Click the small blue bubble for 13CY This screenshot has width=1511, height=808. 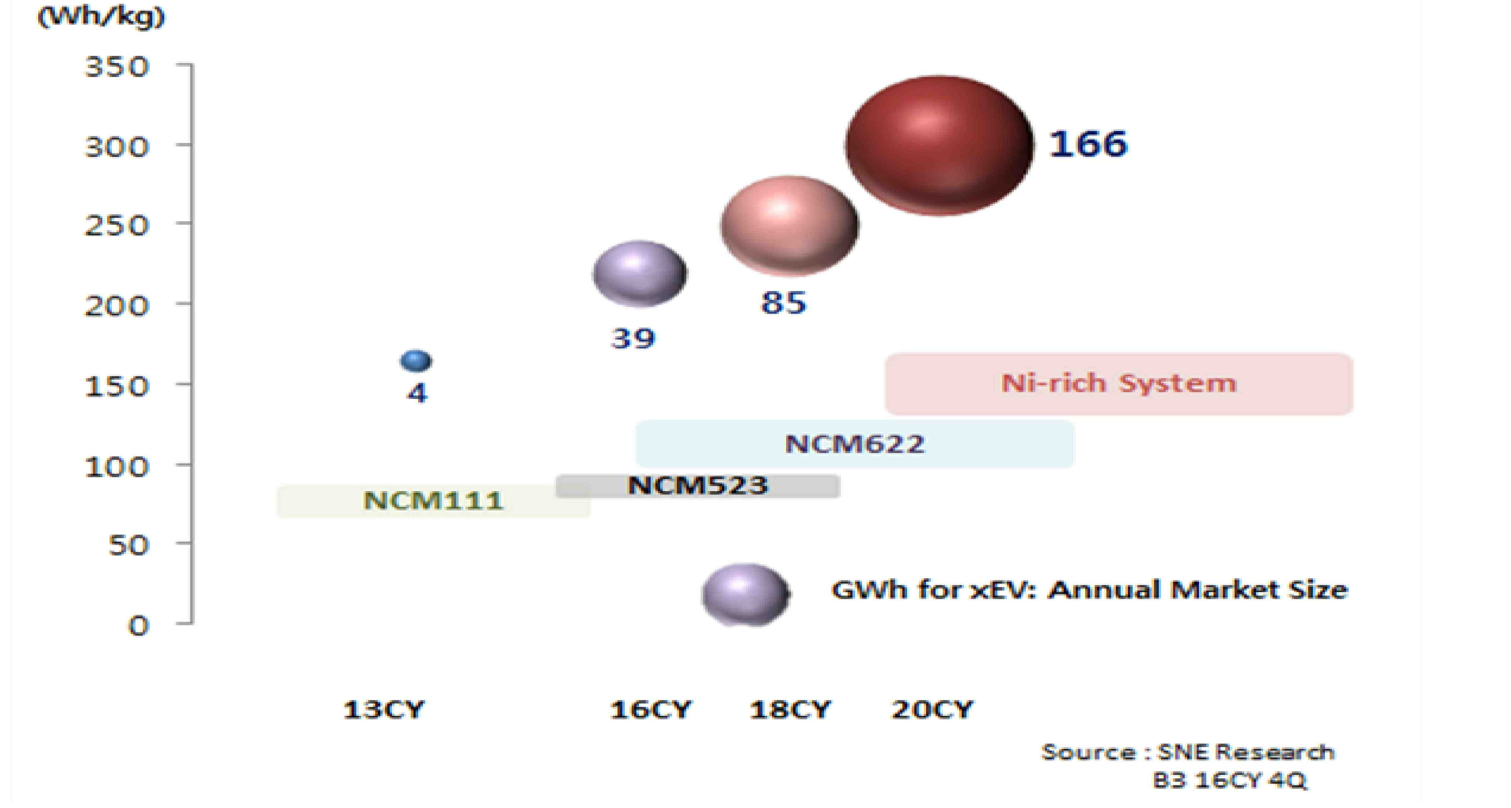[x=416, y=361]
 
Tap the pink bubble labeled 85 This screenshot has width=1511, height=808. [x=790, y=226]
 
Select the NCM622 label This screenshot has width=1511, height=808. [x=855, y=444]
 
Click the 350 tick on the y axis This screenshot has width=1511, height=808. [x=117, y=67]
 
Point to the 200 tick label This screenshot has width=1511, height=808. [x=117, y=306]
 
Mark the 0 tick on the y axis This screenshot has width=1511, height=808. [x=139, y=626]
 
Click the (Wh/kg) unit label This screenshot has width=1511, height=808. [x=101, y=17]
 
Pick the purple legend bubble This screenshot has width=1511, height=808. [x=745, y=595]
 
